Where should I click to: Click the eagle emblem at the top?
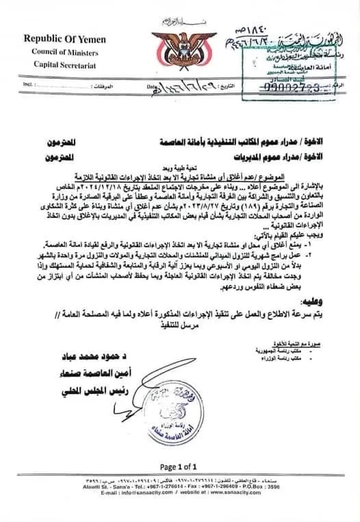(x=180, y=42)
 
